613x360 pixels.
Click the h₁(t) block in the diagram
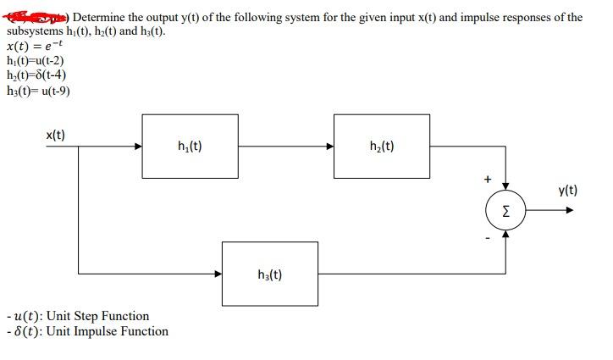pyautogui.click(x=190, y=146)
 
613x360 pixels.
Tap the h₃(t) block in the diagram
pyautogui.click(x=268, y=274)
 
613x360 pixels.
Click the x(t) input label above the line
pyautogui.click(x=56, y=134)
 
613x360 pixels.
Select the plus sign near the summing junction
pyautogui.click(x=488, y=179)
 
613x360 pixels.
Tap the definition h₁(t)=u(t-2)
pyautogui.click(x=36, y=61)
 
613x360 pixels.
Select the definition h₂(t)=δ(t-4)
pyautogui.click(x=36, y=75)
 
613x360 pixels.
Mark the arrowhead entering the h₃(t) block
pyautogui.click(x=218, y=274)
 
